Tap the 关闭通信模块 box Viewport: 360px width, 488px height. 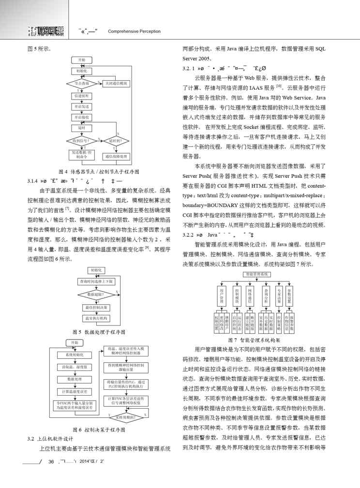116,84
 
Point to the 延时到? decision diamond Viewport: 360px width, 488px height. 116,141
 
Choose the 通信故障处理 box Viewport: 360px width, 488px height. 116,157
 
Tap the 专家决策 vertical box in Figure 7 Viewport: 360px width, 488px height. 279,296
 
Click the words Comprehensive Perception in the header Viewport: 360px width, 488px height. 134,31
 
